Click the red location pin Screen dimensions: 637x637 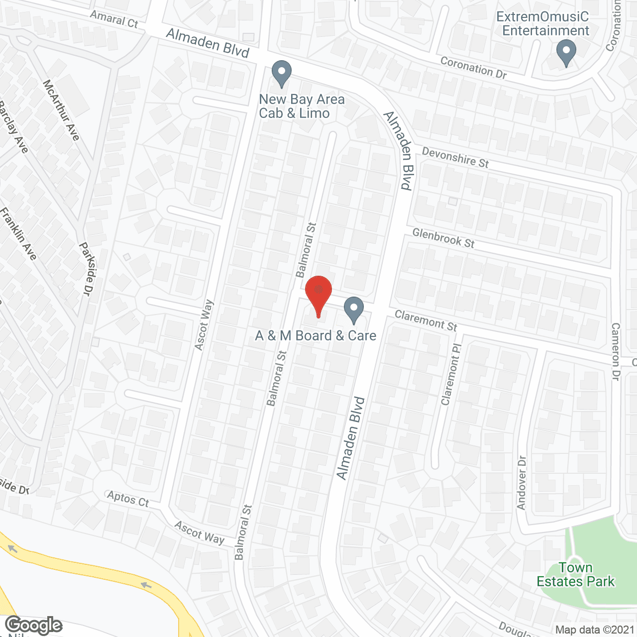point(318,293)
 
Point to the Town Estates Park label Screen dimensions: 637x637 point(575,575)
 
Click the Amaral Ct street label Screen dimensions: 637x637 point(114,19)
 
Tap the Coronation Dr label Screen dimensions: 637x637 point(473,68)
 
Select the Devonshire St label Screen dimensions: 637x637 point(455,157)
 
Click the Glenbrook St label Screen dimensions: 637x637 point(443,238)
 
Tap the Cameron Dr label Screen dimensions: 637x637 point(616,351)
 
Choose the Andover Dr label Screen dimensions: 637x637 point(521,483)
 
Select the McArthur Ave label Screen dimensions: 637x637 point(61,110)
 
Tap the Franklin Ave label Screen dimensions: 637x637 point(18,233)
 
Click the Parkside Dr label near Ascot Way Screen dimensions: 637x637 point(87,269)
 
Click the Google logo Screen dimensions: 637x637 point(33,625)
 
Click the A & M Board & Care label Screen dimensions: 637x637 point(316,336)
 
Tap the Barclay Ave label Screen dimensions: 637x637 point(13,127)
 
